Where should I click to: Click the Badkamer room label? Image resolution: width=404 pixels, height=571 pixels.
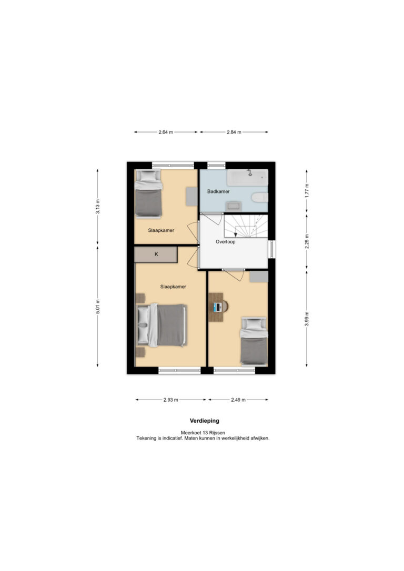(218, 191)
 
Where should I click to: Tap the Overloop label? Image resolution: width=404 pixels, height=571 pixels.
(225, 241)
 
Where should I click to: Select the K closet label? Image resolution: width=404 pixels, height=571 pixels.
(156, 254)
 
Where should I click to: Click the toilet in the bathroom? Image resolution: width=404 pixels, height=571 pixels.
(260, 197)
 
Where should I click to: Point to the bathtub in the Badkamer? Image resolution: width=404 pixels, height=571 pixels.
(247, 177)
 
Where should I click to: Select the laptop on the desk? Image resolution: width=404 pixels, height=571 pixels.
(217, 308)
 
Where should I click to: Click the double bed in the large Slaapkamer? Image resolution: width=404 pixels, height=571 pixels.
(162, 325)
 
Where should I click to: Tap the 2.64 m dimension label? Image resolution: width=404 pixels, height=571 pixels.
(166, 132)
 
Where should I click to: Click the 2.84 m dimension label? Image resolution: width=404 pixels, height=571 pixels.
(234, 132)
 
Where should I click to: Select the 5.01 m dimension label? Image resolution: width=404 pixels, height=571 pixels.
(98, 306)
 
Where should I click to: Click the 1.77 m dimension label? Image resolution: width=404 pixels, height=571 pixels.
(307, 190)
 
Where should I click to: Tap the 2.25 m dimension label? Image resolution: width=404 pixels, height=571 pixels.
(307, 241)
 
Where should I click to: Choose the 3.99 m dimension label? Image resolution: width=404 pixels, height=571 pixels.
(307, 319)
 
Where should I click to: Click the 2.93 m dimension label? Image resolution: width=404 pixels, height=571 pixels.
(171, 400)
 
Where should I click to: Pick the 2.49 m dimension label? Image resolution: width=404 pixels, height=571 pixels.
(238, 400)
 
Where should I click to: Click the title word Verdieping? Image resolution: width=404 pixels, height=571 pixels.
(205, 421)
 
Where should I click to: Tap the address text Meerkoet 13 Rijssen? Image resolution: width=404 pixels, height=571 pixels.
(203, 433)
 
